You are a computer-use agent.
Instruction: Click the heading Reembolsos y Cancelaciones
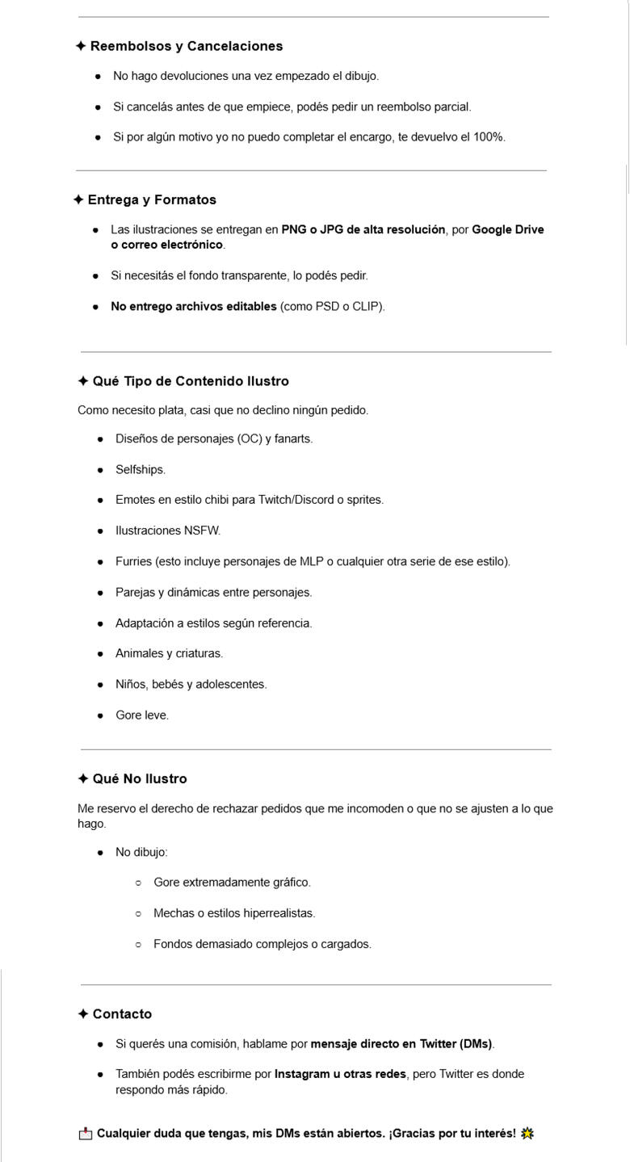pyautogui.click(x=186, y=46)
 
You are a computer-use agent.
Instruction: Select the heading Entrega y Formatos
pyautogui.click(x=152, y=199)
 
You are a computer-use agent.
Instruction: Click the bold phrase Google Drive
pyautogui.click(x=507, y=229)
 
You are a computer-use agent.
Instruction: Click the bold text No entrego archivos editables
pyautogui.click(x=193, y=307)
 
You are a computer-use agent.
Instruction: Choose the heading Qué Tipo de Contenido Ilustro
pyautogui.click(x=191, y=381)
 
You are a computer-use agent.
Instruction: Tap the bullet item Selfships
pyautogui.click(x=140, y=470)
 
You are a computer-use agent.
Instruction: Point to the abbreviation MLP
pyautogui.click(x=311, y=561)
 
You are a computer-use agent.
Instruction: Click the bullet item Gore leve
pyautogui.click(x=142, y=715)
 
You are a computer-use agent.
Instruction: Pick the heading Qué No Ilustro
pyautogui.click(x=139, y=779)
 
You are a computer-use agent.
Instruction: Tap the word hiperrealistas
pyautogui.click(x=279, y=913)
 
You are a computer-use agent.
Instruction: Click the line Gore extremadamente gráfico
pyautogui.click(x=232, y=883)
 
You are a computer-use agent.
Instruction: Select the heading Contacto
pyautogui.click(x=122, y=1014)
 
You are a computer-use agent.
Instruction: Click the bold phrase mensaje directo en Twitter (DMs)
pyautogui.click(x=401, y=1044)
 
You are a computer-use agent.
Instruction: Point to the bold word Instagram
pyautogui.click(x=302, y=1074)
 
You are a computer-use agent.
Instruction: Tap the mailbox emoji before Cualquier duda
pyautogui.click(x=86, y=1134)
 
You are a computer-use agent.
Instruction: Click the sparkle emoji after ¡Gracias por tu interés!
pyautogui.click(x=527, y=1134)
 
